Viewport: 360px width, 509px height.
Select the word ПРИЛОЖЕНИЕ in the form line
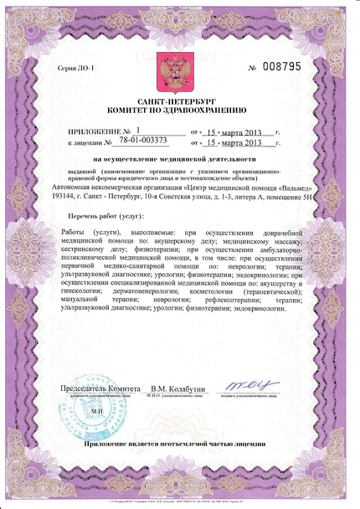click(94, 131)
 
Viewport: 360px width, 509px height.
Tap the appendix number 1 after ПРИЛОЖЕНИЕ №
click(138, 131)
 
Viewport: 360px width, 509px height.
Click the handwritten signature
click(250, 387)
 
